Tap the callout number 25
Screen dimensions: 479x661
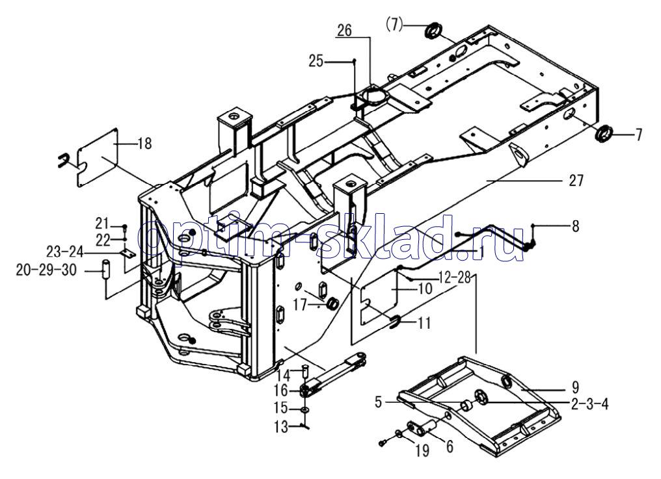tap(316, 61)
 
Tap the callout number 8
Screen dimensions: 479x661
tap(574, 227)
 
